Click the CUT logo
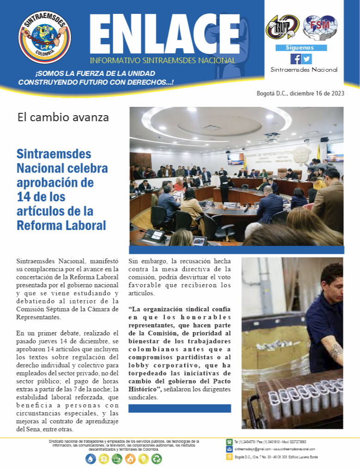pyautogui.click(x=282, y=27)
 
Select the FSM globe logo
pyautogui.click(x=320, y=26)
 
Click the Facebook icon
pyautogui.click(x=295, y=59)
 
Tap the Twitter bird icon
pyautogui.click(x=307, y=59)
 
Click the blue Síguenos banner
pyautogui.click(x=301, y=48)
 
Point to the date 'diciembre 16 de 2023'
pyautogui.click(x=317, y=93)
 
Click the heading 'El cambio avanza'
pyautogui.click(x=63, y=117)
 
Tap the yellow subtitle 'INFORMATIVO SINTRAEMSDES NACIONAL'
pyautogui.click(x=163, y=61)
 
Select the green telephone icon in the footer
pyautogui.click(x=229, y=442)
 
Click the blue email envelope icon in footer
pyautogui.click(x=229, y=449)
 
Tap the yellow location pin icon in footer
pyautogui.click(x=229, y=457)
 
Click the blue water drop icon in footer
pyautogui.click(x=91, y=459)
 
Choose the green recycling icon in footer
pyautogui.click(x=157, y=459)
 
